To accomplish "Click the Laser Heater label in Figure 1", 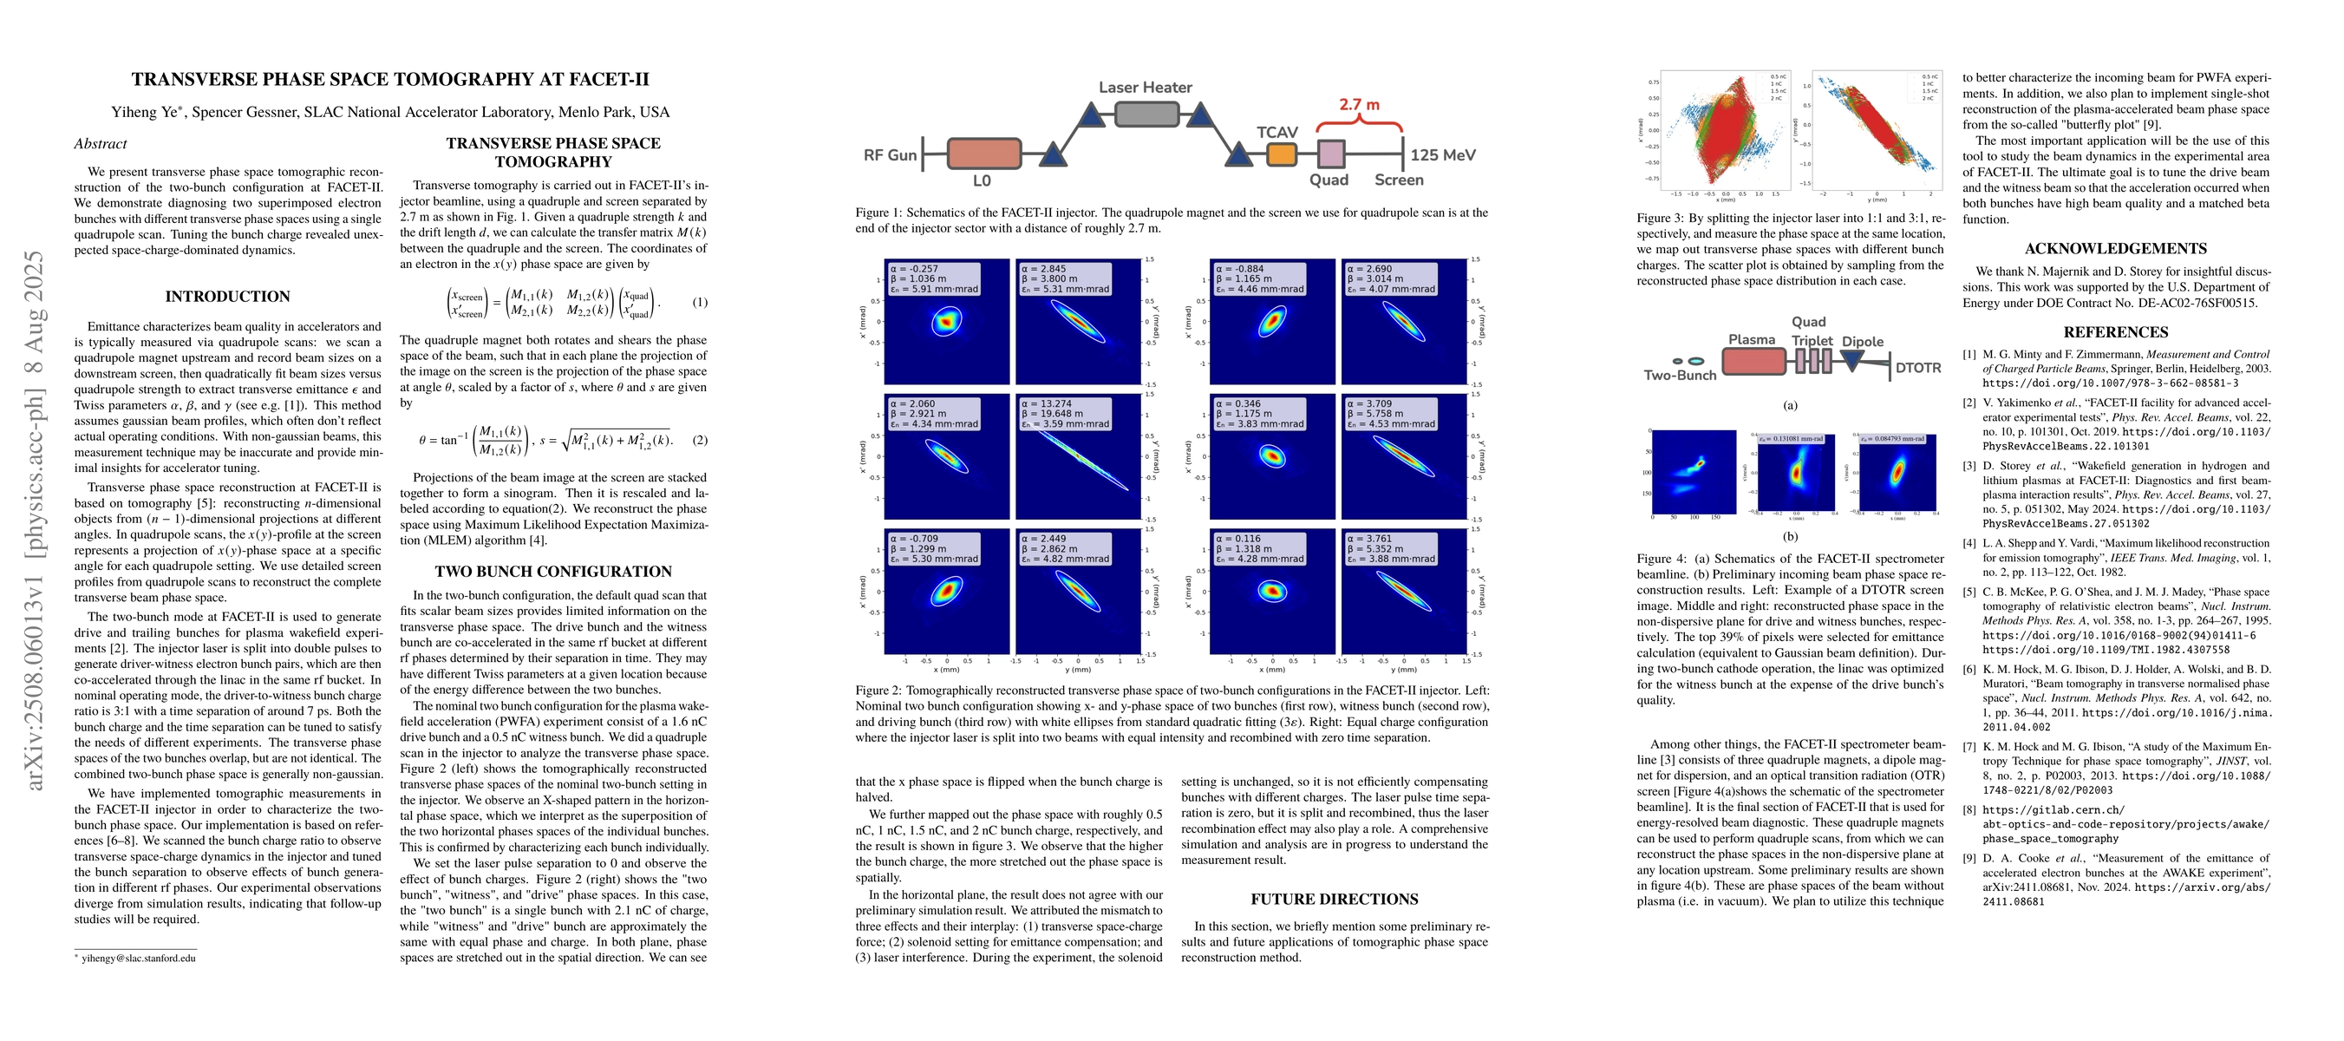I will [x=1145, y=88].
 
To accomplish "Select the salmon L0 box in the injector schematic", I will [x=983, y=154].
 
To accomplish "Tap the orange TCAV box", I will [x=1281, y=154].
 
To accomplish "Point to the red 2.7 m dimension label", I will [x=1359, y=105].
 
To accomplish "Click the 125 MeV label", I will [x=1442, y=154].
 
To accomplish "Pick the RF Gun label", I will [x=889, y=154].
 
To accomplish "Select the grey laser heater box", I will [x=1146, y=115].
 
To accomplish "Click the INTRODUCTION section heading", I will [x=227, y=297].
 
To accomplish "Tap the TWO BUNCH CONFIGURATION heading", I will [x=553, y=572].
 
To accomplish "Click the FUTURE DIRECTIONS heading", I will [x=1334, y=899].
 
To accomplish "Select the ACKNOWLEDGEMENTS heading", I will [x=2116, y=248].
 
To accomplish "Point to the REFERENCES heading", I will [x=2116, y=332].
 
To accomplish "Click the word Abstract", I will [x=100, y=144].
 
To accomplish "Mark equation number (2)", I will [x=699, y=441].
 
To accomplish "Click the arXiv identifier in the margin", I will [x=35, y=520].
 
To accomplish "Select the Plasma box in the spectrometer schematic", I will [x=1753, y=361].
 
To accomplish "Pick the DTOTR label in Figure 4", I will [x=1917, y=368].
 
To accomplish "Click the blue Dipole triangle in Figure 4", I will [x=1851, y=360].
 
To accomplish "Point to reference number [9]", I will [x=1969, y=858].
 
